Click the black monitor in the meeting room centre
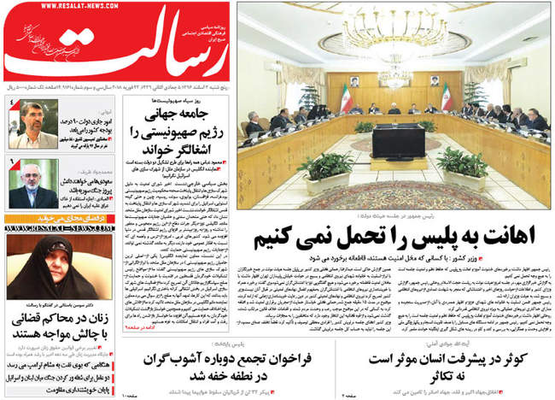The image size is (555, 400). point(397,140)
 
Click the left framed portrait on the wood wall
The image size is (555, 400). point(351,83)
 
